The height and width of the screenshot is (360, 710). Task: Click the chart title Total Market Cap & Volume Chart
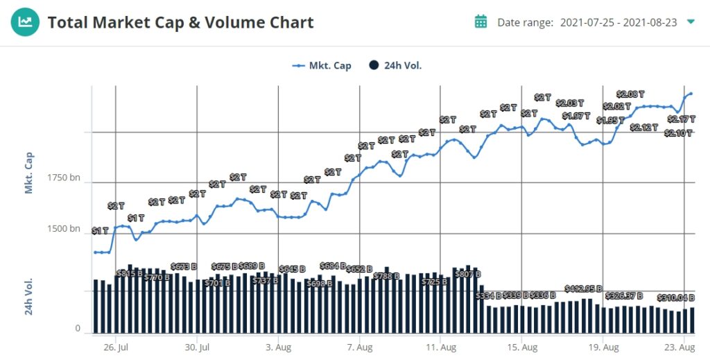pos(180,22)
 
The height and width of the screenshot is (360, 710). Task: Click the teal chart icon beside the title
pos(25,22)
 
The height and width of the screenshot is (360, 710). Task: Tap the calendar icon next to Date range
pos(480,22)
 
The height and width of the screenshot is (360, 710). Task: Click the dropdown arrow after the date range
pos(691,22)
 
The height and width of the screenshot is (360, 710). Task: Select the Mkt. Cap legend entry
pos(322,66)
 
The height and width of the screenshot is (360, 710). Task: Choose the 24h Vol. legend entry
pos(395,66)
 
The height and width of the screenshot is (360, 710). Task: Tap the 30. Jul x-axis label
pos(197,347)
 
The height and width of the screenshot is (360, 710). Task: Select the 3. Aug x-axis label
pos(278,347)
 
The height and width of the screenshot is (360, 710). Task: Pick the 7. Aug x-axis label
pos(359,347)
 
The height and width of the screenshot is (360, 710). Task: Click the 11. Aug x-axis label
pos(440,347)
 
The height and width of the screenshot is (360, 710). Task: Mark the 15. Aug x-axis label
pos(521,347)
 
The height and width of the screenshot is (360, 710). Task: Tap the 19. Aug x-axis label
pos(603,347)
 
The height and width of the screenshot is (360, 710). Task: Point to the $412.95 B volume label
pos(583,289)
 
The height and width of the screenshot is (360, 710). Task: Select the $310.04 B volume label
pos(676,298)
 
